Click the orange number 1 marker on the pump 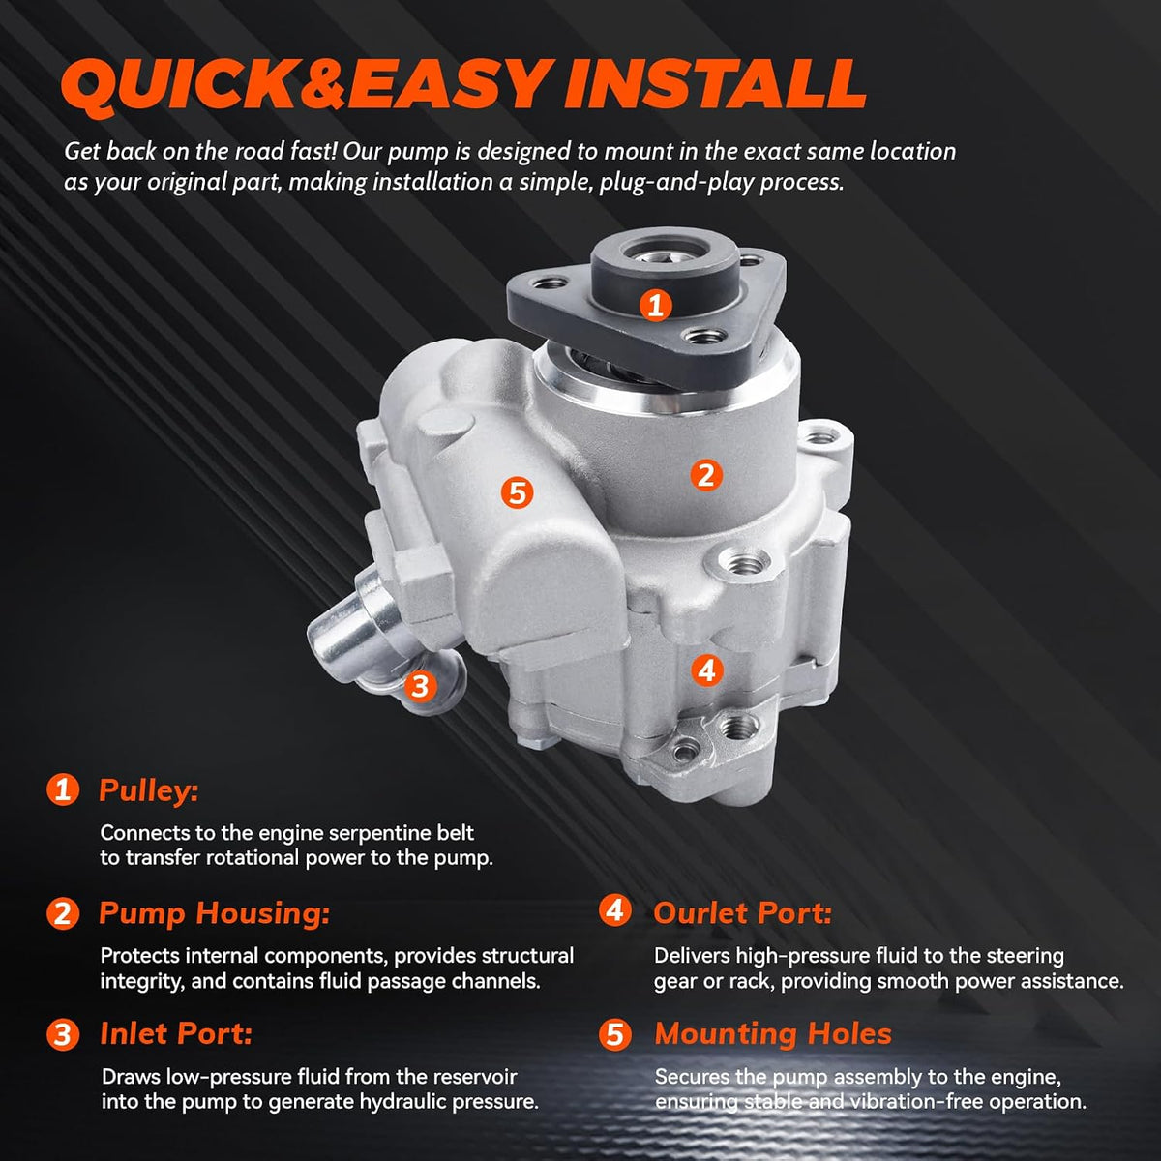click(656, 305)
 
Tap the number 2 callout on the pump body click(706, 475)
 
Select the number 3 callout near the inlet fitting click(419, 686)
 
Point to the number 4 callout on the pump click(706, 670)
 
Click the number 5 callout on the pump click(517, 492)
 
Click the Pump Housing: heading click(215, 912)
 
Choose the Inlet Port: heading click(176, 1033)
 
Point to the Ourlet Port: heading click(742, 912)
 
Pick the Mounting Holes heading click(773, 1033)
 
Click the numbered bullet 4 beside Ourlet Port click(614, 910)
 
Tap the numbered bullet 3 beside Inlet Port click(63, 1034)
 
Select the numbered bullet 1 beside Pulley click(63, 789)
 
